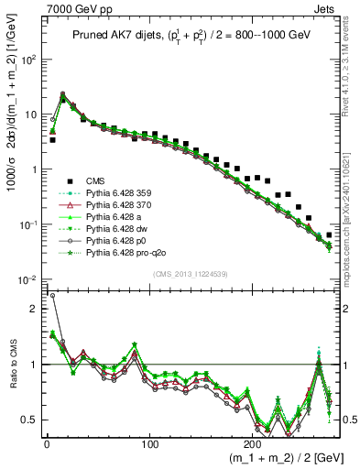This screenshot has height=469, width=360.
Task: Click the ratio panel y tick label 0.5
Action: click(x=29, y=420)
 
